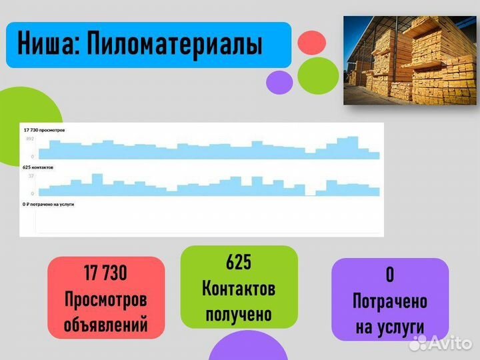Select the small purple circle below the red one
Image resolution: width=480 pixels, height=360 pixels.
tap(279, 82)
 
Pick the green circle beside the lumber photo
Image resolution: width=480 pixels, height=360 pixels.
tap(318, 75)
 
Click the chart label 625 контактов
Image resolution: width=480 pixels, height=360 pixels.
tap(37, 167)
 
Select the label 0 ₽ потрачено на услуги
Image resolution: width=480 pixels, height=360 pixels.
tap(48, 204)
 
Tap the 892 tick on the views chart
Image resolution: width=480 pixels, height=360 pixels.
tap(30, 139)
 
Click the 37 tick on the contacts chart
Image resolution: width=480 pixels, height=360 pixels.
tap(31, 177)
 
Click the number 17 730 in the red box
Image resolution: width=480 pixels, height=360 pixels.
tap(105, 273)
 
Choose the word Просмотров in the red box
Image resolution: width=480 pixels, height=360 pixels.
tap(105, 299)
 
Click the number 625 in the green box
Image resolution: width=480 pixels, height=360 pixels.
tap(238, 263)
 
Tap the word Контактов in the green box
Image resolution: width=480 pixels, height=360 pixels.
tap(238, 289)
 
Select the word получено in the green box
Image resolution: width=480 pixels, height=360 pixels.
tap(238, 314)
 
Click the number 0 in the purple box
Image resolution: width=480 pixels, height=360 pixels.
tap(389, 275)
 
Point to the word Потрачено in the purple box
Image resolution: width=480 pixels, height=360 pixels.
tap(389, 301)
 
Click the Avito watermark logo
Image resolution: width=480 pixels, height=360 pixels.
tap(440, 343)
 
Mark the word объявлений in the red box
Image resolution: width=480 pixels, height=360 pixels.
tap(105, 325)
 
